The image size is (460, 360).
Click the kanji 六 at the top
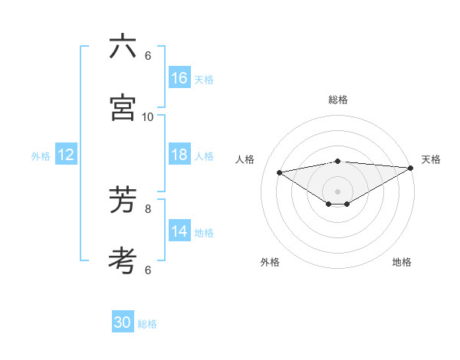pyautogui.click(x=123, y=47)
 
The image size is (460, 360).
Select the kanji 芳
pyautogui.click(x=123, y=200)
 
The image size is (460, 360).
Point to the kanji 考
pyautogui.click(x=123, y=260)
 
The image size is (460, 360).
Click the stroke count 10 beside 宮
pyautogui.click(x=148, y=116)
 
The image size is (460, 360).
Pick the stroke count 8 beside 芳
pyautogui.click(x=148, y=208)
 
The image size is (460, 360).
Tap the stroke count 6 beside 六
pyautogui.click(x=148, y=56)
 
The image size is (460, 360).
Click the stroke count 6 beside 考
pyautogui.click(x=148, y=270)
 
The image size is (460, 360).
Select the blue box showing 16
pyautogui.click(x=179, y=78)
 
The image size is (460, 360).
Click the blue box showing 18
pyautogui.click(x=179, y=155)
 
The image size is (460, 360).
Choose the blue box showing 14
pyautogui.click(x=179, y=231)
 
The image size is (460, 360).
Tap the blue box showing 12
pyautogui.click(x=66, y=155)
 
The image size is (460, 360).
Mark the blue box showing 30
pyautogui.click(x=123, y=323)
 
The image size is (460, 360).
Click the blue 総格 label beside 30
pyautogui.click(x=147, y=324)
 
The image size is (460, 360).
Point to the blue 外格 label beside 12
pyautogui.click(x=41, y=156)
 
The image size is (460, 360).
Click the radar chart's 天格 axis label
pyautogui.click(x=431, y=159)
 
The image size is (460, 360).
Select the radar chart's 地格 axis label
pyautogui.click(x=402, y=262)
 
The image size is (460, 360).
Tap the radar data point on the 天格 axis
pyautogui.click(x=411, y=167)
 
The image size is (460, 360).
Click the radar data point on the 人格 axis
pyautogui.click(x=280, y=172)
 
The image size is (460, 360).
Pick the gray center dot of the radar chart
pyautogui.click(x=337, y=191)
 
